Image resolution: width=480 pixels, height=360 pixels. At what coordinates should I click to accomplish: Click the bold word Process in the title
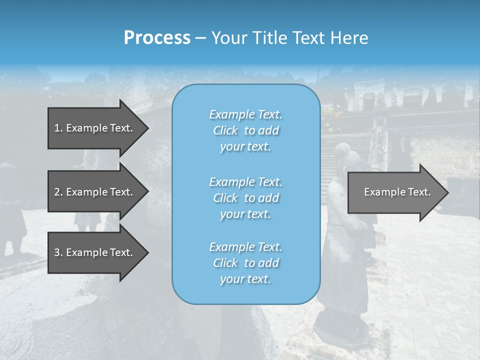pyautogui.click(x=157, y=38)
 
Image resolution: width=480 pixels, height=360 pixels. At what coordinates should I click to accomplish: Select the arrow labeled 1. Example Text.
pyautogui.click(x=95, y=128)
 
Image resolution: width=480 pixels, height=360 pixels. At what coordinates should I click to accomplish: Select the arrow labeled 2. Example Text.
pyautogui.click(x=95, y=192)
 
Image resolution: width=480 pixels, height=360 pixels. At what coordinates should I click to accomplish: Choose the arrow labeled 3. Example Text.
pyautogui.click(x=95, y=252)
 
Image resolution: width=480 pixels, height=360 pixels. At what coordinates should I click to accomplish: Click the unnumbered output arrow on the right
pyautogui.click(x=395, y=192)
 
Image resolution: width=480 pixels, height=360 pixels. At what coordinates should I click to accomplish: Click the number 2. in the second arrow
pyautogui.click(x=58, y=192)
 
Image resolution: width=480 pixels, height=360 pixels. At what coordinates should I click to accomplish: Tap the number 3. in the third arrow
pyautogui.click(x=58, y=252)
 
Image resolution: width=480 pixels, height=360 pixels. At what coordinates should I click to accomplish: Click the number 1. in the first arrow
pyautogui.click(x=58, y=128)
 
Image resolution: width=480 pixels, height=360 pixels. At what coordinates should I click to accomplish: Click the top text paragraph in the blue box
pyautogui.click(x=245, y=130)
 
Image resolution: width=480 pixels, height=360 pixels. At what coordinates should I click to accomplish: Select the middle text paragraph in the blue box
pyautogui.click(x=245, y=198)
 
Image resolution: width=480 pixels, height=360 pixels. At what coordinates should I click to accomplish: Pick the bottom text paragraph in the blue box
pyautogui.click(x=245, y=263)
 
